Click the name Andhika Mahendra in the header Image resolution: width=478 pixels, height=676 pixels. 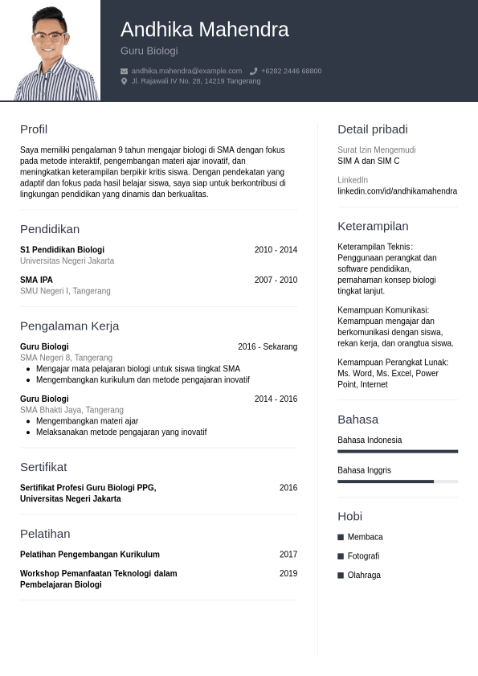[x=204, y=30]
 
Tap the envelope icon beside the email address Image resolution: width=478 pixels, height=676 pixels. [x=124, y=71]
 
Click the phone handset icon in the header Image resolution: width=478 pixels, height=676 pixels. [x=253, y=71]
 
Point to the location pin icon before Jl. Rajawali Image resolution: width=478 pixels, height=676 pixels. [x=124, y=81]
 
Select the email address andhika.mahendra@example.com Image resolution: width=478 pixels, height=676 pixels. [x=186, y=71]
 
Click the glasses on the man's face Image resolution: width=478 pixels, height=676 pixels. [x=50, y=36]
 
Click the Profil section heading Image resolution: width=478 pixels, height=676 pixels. [x=34, y=129]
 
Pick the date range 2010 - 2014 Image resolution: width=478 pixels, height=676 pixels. [x=276, y=250]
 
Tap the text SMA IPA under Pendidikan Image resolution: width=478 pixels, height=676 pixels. [x=36, y=280]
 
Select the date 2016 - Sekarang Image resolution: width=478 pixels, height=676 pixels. [x=268, y=347]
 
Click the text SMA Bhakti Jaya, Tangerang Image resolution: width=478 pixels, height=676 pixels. [x=71, y=410]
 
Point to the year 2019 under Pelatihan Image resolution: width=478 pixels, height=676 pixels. [x=288, y=574]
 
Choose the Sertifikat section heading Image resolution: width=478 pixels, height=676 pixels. [x=43, y=467]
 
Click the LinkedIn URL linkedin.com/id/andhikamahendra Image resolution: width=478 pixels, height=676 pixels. [x=397, y=191]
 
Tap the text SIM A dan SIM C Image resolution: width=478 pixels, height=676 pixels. [x=368, y=162]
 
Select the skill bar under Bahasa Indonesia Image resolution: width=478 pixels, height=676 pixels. [x=398, y=452]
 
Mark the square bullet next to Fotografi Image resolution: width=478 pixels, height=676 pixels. [x=341, y=556]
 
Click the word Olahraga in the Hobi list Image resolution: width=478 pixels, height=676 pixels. [x=364, y=576]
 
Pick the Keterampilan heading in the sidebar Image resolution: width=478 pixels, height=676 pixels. [x=373, y=226]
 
